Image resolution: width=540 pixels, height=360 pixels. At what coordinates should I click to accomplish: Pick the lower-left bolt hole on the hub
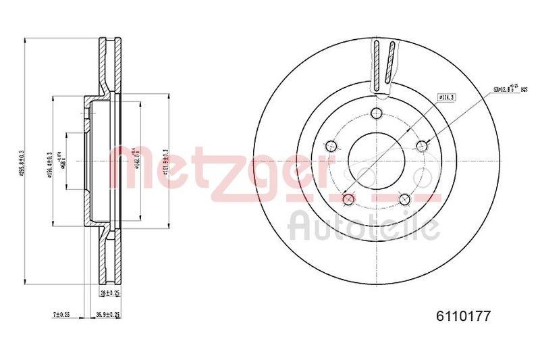[348, 199]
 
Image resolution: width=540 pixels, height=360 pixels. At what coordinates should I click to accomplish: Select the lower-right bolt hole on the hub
[404, 199]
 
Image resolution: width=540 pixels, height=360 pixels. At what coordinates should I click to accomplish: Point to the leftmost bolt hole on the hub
[331, 146]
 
